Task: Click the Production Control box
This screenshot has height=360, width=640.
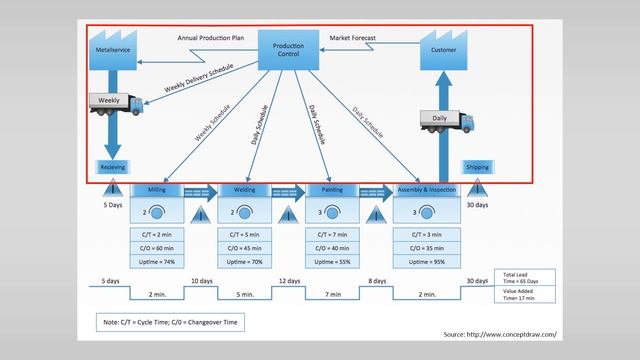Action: [288, 50]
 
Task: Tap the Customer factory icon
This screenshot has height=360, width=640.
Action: [443, 47]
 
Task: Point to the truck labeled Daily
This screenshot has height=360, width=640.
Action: [446, 121]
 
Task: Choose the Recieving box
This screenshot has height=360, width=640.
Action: [113, 167]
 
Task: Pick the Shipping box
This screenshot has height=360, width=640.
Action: [477, 167]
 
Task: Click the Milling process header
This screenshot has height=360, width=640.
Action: [157, 189]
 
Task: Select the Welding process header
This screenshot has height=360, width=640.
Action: [245, 189]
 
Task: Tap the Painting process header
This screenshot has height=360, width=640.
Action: [332, 189]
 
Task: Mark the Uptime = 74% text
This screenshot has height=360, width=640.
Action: [156, 261]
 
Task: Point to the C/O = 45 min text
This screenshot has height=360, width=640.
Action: [244, 247]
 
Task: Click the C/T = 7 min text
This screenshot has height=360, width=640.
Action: [332, 233]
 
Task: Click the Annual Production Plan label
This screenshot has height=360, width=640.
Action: [210, 37]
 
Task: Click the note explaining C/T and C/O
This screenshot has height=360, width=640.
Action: [170, 323]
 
